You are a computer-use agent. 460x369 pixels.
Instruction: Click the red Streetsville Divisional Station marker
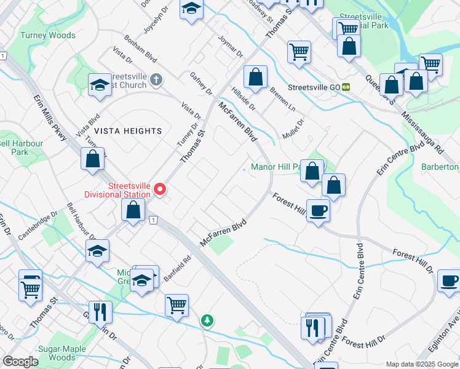click(161, 189)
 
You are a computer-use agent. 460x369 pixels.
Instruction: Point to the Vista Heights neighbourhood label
click(128, 131)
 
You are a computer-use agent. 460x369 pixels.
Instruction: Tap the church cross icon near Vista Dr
click(157, 79)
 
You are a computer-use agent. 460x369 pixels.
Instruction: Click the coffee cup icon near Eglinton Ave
click(448, 282)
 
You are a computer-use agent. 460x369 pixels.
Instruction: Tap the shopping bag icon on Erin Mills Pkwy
click(92, 160)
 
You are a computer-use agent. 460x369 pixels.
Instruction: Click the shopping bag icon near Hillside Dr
click(255, 77)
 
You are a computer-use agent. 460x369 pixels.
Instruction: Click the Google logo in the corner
click(20, 362)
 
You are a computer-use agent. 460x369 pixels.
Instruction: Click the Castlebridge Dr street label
click(38, 226)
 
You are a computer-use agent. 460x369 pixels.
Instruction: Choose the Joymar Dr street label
click(231, 46)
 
